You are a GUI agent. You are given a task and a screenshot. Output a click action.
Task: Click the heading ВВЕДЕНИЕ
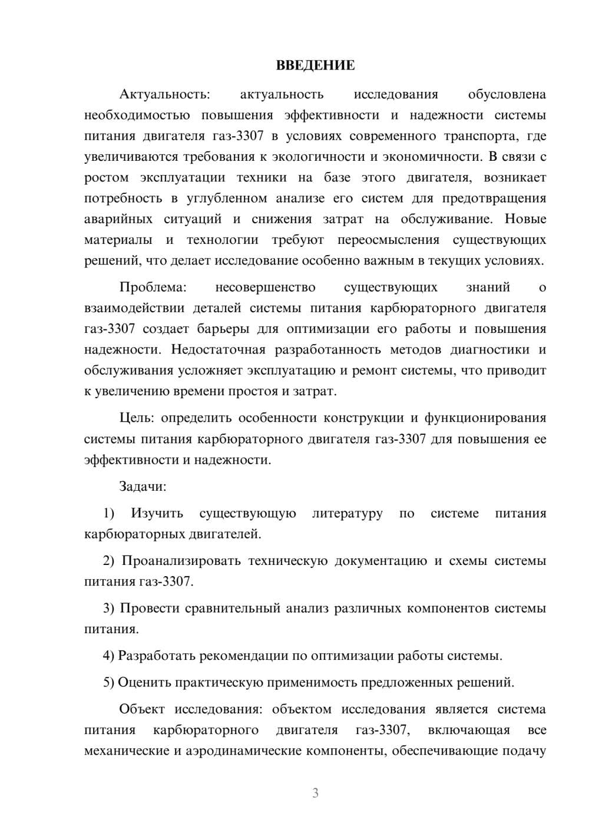click(x=315, y=65)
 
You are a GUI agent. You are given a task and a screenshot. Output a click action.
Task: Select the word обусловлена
click(x=507, y=94)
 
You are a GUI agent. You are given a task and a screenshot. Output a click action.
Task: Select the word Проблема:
click(x=153, y=287)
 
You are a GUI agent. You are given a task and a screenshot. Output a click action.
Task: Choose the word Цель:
click(x=137, y=418)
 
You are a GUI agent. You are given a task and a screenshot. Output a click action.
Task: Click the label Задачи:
click(x=143, y=487)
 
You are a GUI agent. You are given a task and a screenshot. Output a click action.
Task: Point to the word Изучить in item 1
click(x=157, y=514)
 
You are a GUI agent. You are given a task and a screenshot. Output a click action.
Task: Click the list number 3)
click(x=109, y=608)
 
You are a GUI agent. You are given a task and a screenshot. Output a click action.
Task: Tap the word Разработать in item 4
click(x=156, y=656)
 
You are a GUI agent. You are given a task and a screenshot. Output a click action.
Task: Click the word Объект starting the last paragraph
click(x=142, y=709)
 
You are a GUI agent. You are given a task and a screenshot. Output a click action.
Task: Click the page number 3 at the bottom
click(x=315, y=794)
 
